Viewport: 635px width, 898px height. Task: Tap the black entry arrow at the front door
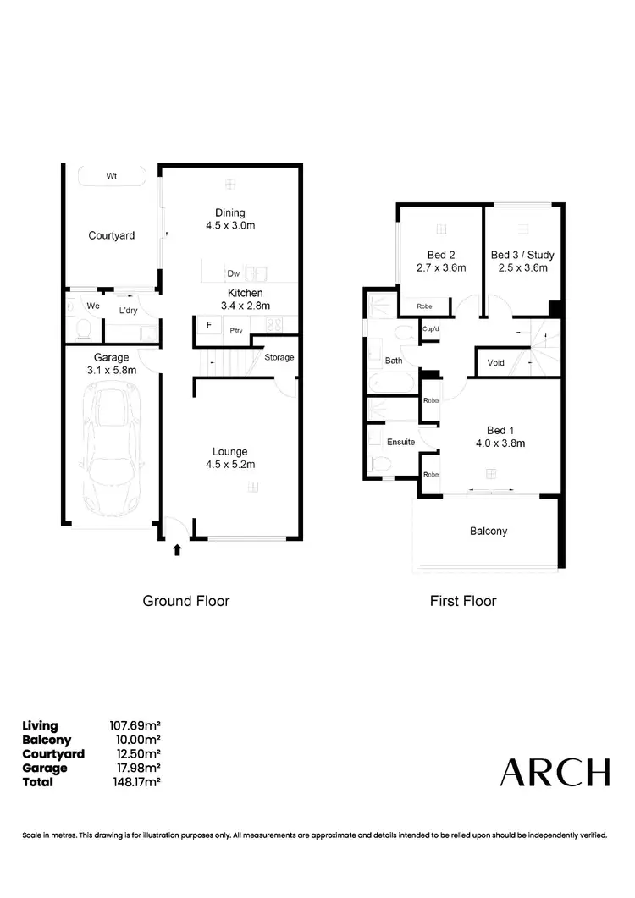click(x=177, y=550)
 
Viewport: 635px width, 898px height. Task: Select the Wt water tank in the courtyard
click(x=112, y=176)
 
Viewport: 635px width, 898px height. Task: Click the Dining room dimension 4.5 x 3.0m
click(x=230, y=226)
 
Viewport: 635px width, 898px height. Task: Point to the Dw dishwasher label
click(x=234, y=273)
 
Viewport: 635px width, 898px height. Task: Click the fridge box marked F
click(x=207, y=325)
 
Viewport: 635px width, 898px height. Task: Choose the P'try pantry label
click(x=235, y=330)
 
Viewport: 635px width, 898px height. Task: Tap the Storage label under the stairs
click(x=279, y=357)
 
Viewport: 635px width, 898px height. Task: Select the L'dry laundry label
click(x=129, y=311)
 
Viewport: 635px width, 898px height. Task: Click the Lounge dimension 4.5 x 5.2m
click(x=229, y=464)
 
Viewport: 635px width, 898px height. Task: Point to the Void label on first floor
click(x=496, y=362)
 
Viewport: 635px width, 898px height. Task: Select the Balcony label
click(x=489, y=532)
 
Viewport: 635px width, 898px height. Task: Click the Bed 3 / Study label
click(x=520, y=255)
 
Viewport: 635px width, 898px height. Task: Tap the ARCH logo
click(x=555, y=772)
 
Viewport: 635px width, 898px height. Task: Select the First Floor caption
click(x=463, y=601)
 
